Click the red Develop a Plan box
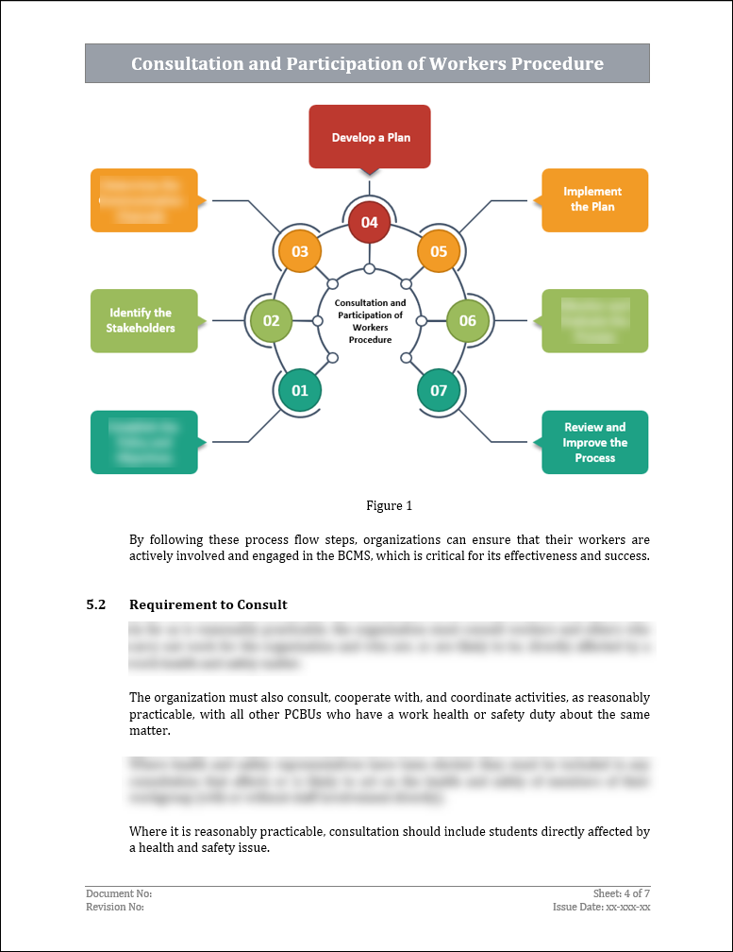pyautogui.click(x=370, y=136)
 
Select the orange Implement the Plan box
pyautogui.click(x=594, y=199)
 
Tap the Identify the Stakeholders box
pyautogui.click(x=143, y=320)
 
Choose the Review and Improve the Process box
pyautogui.click(x=594, y=442)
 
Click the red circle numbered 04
pyautogui.click(x=369, y=223)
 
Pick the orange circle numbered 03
pyautogui.click(x=300, y=251)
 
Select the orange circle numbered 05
pyautogui.click(x=439, y=251)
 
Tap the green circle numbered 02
pyautogui.click(x=271, y=320)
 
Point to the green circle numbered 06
pyautogui.click(x=468, y=320)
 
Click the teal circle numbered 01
pyautogui.click(x=300, y=390)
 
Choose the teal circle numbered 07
pyautogui.click(x=439, y=390)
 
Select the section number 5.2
pyautogui.click(x=96, y=604)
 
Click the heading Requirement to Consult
pyautogui.click(x=208, y=604)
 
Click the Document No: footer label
pyautogui.click(x=119, y=893)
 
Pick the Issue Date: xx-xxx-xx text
pyautogui.click(x=602, y=907)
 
